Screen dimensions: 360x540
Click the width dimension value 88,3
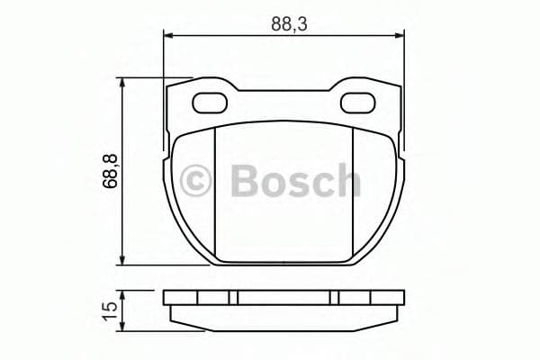[291, 24]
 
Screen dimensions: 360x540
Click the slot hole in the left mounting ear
[211, 101]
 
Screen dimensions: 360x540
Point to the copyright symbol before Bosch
[199, 181]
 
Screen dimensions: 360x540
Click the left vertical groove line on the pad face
[216, 193]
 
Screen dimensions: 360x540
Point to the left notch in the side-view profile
[232, 298]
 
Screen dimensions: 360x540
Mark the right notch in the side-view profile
[335, 298]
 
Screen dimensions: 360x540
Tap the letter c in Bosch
[319, 184]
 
